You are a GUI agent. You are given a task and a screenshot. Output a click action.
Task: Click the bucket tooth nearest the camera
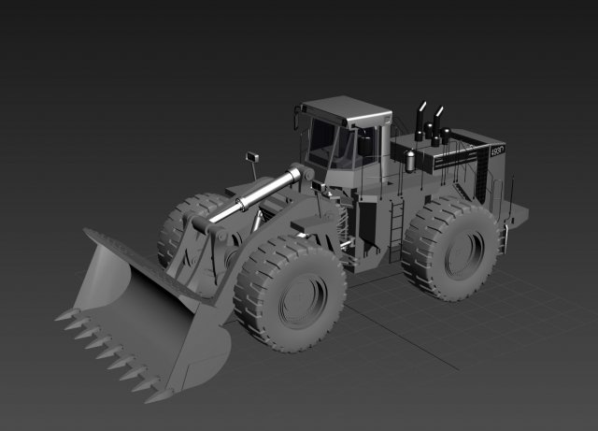pos(154,394)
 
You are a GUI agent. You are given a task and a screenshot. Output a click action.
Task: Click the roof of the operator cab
pos(346,108)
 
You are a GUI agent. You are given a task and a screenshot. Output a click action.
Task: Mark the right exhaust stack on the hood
pos(436,122)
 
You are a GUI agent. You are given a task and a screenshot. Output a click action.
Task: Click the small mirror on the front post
pos(251,155)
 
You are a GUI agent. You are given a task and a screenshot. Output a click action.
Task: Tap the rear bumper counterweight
pos(516,216)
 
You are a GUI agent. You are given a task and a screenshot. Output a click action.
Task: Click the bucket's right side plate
pos(206,356)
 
